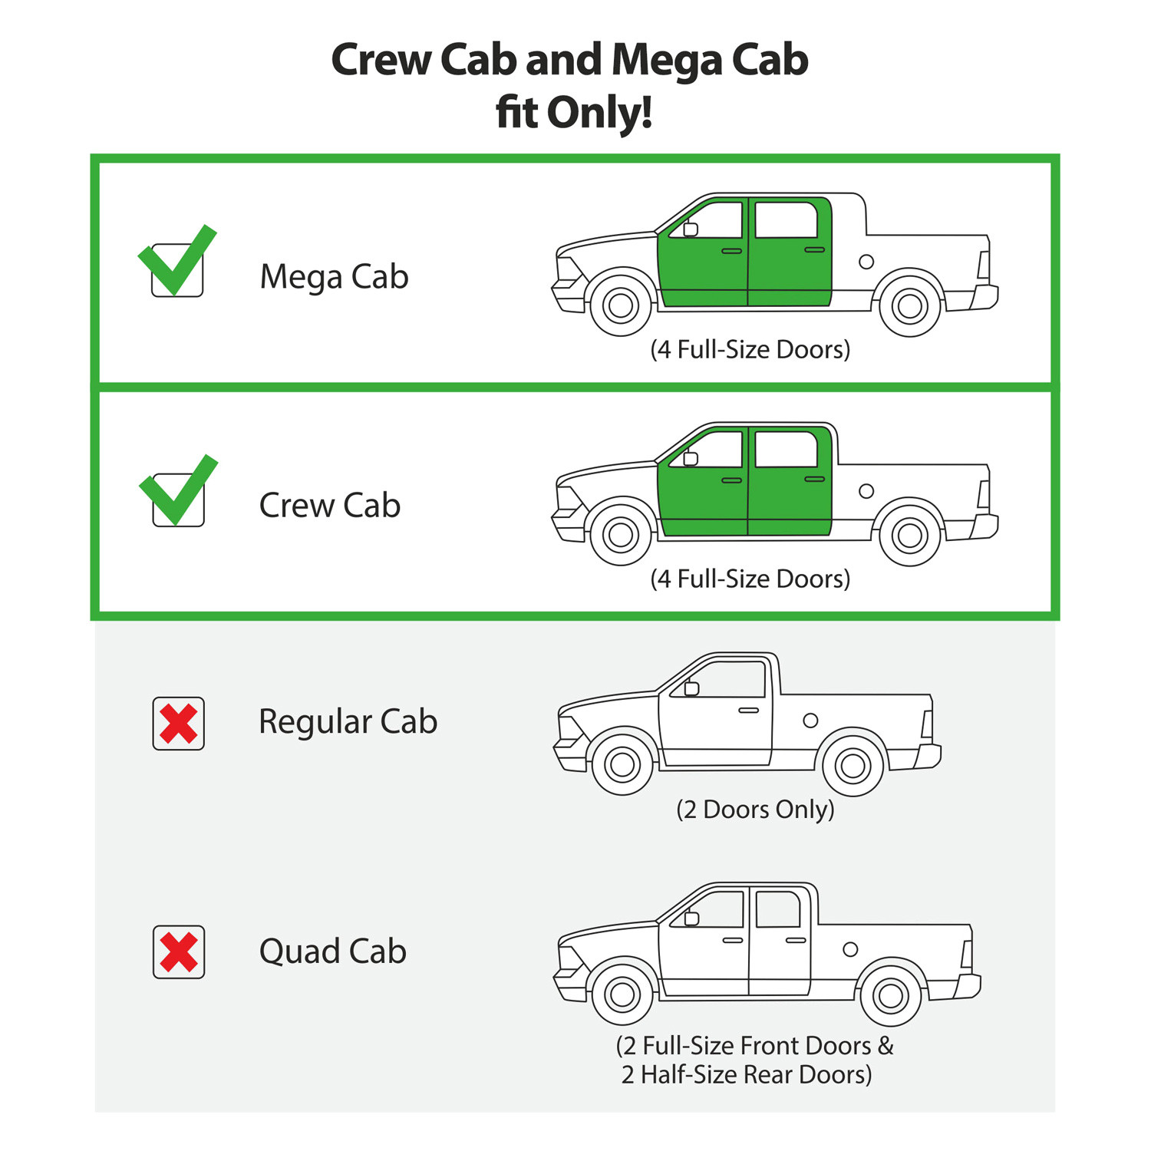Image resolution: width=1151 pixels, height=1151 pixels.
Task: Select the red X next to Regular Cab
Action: pos(179,724)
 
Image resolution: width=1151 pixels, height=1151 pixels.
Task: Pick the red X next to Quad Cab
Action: pos(179,952)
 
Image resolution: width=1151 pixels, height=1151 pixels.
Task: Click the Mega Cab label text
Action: pos(334,277)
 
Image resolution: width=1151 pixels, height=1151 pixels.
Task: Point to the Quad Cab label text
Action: pos(333,951)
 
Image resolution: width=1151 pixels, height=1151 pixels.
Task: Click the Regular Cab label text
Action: pos(348,722)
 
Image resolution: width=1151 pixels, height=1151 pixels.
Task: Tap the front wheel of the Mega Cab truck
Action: pos(621,305)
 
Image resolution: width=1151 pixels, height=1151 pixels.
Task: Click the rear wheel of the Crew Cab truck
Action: pos(909,535)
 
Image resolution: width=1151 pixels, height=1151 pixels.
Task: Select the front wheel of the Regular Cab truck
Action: pos(622,764)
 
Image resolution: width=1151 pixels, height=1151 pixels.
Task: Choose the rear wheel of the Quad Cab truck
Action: pos(890,996)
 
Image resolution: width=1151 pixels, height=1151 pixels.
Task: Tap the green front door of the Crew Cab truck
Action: pos(703,482)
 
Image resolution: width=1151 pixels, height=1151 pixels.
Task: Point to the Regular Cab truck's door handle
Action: pos(748,711)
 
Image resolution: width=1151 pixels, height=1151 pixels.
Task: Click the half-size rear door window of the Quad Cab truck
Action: pos(778,909)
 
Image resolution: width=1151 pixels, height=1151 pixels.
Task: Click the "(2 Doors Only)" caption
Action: pos(755,810)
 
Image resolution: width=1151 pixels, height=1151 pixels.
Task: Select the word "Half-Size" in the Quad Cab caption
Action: pos(690,1074)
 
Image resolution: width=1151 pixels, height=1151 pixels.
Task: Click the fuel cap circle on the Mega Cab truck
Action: pos(866,262)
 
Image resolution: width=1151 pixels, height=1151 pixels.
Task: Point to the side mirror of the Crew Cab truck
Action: pos(691,458)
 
